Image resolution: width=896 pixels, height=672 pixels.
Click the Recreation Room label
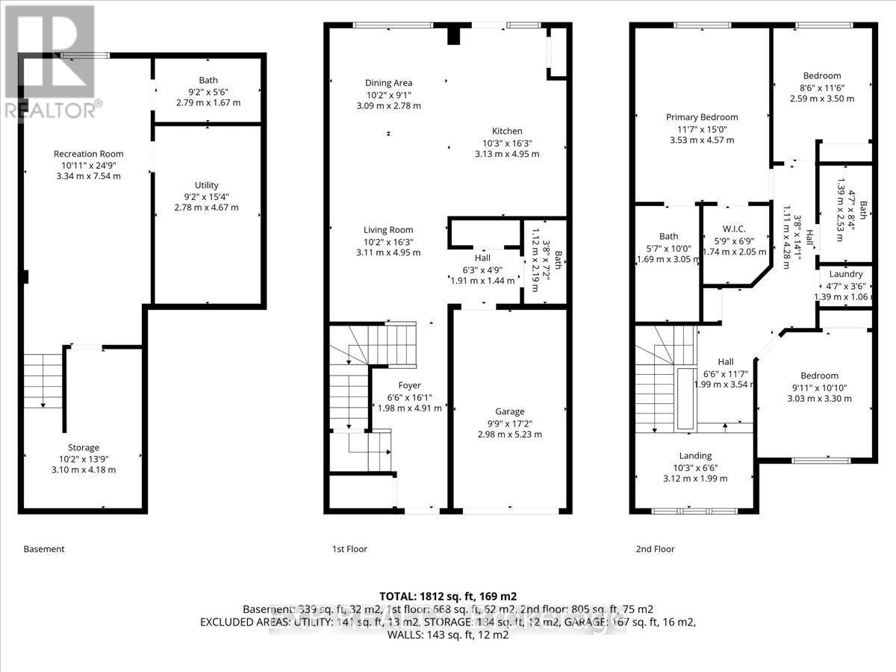coord(88,154)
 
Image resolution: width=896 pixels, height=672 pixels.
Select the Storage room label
coord(83,447)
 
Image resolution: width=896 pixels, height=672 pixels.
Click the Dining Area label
coord(388,83)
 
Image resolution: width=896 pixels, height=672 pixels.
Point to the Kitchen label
coord(507,131)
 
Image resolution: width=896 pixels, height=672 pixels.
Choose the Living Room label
coord(388,230)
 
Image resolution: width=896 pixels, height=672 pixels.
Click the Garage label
coord(510,411)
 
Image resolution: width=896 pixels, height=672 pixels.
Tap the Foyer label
coord(409,385)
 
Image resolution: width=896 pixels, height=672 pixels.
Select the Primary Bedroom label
coord(702,116)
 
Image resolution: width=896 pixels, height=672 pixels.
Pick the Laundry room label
coord(845,274)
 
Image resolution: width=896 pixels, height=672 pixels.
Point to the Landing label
coord(695,455)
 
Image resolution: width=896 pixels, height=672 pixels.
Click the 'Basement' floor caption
coord(44,549)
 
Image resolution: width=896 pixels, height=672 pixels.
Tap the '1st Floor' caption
coord(349,549)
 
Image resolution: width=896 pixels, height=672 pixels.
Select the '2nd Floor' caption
coord(655,549)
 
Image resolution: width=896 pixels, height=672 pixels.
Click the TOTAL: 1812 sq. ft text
coord(448,596)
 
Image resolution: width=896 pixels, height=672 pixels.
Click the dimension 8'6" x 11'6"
coord(821,87)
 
